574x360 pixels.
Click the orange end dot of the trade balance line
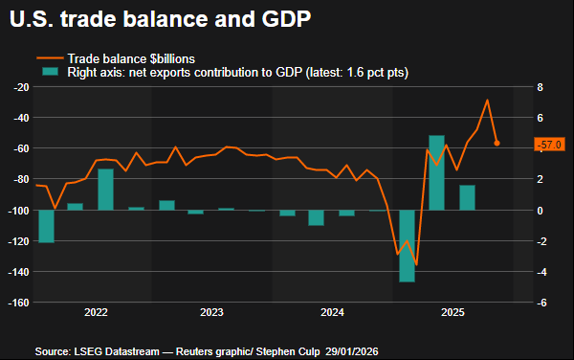(x=497, y=144)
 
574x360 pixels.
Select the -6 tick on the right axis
(x=540, y=303)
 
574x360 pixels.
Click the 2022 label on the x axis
(x=96, y=313)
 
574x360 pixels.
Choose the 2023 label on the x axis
(x=212, y=313)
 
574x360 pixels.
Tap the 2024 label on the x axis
(x=332, y=313)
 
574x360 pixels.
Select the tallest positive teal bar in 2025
(x=436, y=172)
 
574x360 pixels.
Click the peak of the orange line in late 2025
(x=487, y=100)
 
